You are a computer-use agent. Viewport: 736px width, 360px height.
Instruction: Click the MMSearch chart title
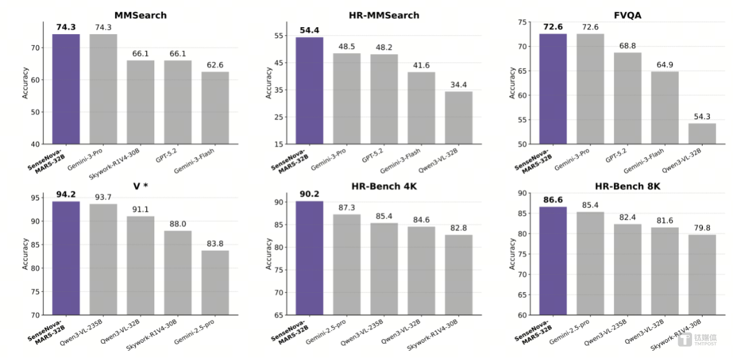(x=140, y=15)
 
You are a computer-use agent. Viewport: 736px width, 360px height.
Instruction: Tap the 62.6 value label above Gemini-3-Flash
(x=215, y=65)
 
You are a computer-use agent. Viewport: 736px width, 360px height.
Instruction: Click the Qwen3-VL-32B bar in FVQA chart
(x=702, y=133)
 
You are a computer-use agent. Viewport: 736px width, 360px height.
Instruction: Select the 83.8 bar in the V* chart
(x=215, y=283)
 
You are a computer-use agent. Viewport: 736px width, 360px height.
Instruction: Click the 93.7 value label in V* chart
(x=103, y=197)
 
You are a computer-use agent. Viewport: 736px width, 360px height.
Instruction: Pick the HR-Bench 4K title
(x=384, y=185)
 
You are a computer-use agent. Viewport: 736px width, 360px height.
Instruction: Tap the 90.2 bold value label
(x=309, y=194)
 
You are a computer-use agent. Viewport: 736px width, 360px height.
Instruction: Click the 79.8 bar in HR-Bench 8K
(x=702, y=274)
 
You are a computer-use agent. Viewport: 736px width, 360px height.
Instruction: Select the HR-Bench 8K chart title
(x=627, y=185)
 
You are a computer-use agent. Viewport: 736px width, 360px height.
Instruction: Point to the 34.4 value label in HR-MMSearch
(x=458, y=84)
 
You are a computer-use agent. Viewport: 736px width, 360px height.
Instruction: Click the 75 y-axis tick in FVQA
(x=522, y=22)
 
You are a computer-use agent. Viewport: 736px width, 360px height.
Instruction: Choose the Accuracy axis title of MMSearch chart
(x=25, y=83)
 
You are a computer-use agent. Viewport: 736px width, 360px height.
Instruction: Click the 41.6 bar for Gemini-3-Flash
(x=421, y=108)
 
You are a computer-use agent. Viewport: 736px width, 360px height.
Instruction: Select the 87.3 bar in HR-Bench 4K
(x=347, y=265)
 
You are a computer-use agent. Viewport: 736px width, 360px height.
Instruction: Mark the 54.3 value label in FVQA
(x=702, y=116)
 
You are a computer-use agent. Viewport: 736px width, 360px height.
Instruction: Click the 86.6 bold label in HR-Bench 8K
(x=553, y=200)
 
